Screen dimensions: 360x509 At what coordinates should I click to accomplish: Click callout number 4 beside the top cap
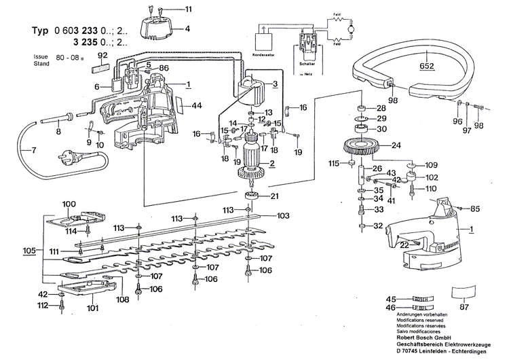[188, 29]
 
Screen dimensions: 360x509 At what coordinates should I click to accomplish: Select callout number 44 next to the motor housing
[197, 106]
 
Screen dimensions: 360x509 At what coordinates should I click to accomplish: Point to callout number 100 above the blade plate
[69, 204]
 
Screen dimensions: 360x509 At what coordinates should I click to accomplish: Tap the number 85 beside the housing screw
[475, 208]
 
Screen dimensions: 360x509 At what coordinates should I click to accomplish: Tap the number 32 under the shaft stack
[379, 226]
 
